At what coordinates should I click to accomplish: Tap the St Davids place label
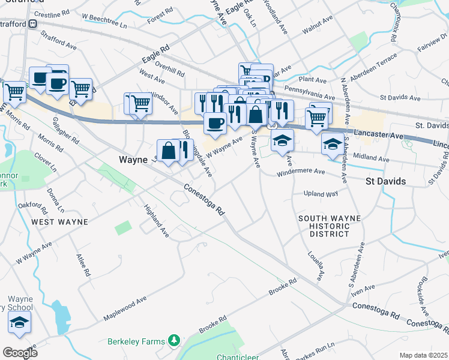pos(385,181)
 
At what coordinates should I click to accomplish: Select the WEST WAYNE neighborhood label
pos(59,222)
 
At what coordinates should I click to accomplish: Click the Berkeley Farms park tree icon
pos(174,341)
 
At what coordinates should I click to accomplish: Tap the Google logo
pos(20,352)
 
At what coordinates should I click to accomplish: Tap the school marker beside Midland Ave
pos(333,143)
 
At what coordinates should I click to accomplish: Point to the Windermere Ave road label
pos(301,172)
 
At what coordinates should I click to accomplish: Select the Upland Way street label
pos(322,194)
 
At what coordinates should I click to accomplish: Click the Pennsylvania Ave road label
pos(310,92)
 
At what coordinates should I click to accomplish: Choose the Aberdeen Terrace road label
pos(376,62)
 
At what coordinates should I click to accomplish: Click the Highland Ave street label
pos(156,220)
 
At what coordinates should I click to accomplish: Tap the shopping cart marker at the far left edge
pos(14,92)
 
